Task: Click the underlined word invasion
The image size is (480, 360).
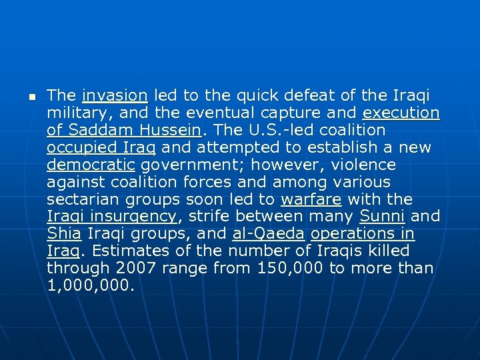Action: pos(115,96)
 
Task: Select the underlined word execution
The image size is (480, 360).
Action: pos(401,113)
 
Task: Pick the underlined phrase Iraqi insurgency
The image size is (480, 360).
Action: pos(112,217)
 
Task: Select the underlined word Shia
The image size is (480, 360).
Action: pos(63,235)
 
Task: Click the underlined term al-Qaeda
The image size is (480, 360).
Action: pos(269,235)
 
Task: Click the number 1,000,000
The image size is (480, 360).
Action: pos(91,287)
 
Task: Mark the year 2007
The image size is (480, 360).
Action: pos(138,269)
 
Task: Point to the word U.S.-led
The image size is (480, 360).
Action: pos(285,131)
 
